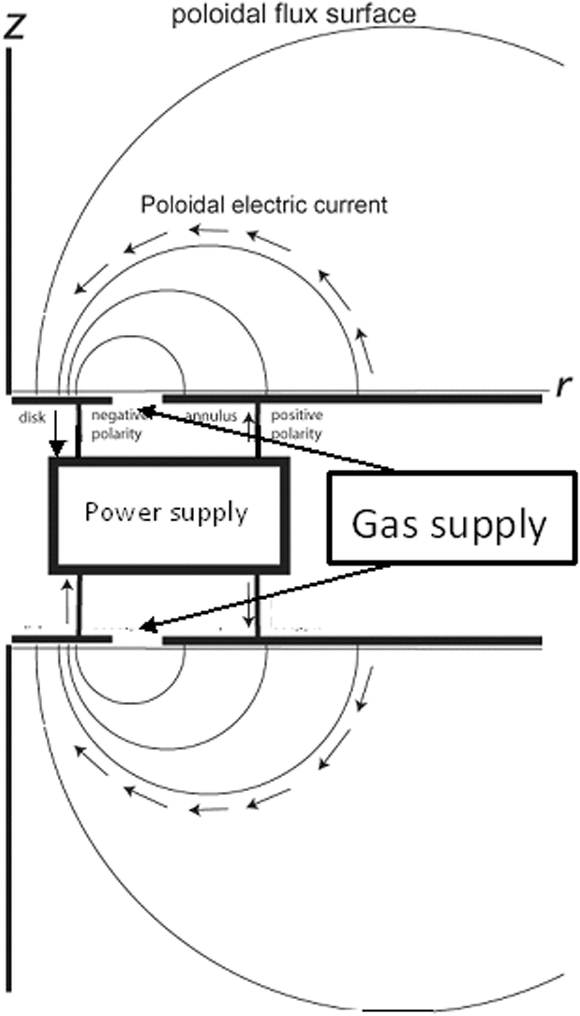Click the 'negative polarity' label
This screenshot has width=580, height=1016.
pyautogui.click(x=117, y=425)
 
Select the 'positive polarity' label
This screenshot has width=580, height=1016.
pyautogui.click(x=297, y=425)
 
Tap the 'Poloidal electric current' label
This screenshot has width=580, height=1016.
pyautogui.click(x=264, y=205)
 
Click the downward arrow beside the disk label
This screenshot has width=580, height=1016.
pyautogui.click(x=57, y=434)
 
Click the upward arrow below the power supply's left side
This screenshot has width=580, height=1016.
pyautogui.click(x=68, y=601)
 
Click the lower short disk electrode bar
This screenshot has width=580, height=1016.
pyautogui.click(x=62, y=639)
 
